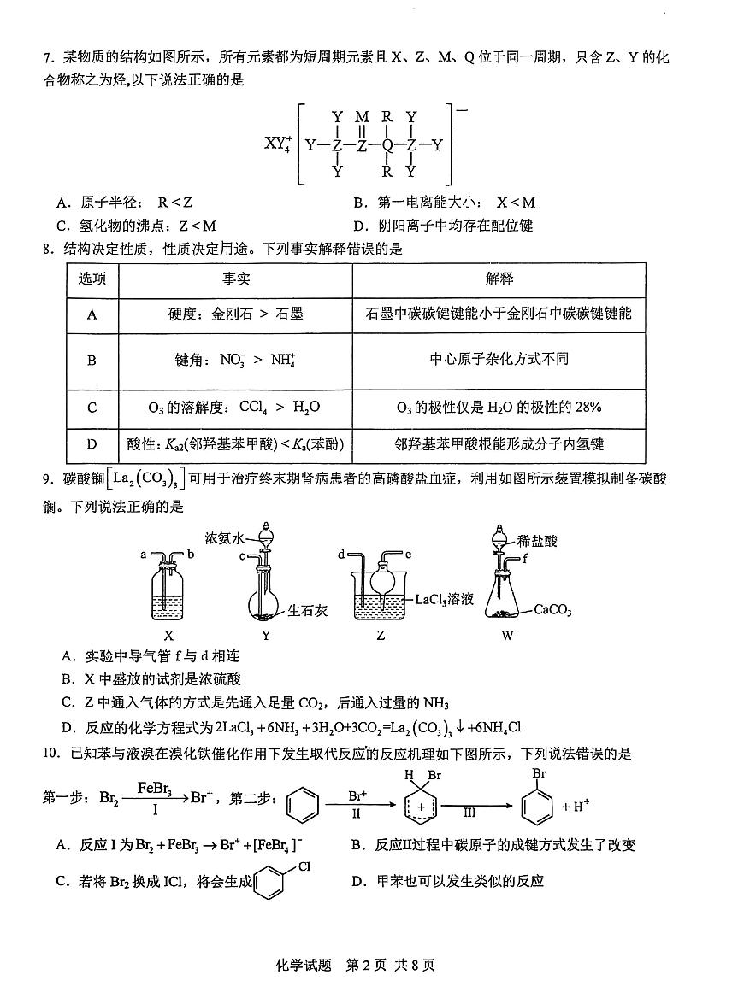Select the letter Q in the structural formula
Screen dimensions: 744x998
[x=387, y=144]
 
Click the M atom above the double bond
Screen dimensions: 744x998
[x=362, y=117]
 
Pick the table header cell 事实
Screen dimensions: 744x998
[x=236, y=279]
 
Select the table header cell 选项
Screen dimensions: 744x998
[x=92, y=279]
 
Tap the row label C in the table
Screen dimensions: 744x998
[x=92, y=408]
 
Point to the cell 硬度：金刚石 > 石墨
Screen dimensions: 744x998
[x=236, y=314]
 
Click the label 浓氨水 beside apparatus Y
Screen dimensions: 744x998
[x=225, y=538]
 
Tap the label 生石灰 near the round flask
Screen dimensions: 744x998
[x=305, y=610]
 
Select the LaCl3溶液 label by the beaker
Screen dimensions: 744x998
[x=444, y=600]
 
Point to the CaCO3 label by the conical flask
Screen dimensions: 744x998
[x=552, y=610]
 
